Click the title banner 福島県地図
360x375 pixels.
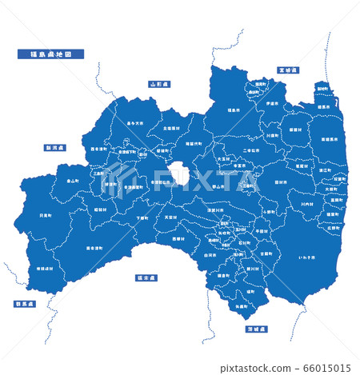(x=50, y=54)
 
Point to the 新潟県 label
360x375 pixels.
(x=54, y=148)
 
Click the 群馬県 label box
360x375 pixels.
(x=25, y=304)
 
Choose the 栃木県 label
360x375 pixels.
(x=146, y=278)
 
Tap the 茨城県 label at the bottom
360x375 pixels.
(x=256, y=329)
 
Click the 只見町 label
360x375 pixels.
(x=46, y=215)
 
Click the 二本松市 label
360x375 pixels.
(x=228, y=150)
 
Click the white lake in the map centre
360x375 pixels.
(x=178, y=174)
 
